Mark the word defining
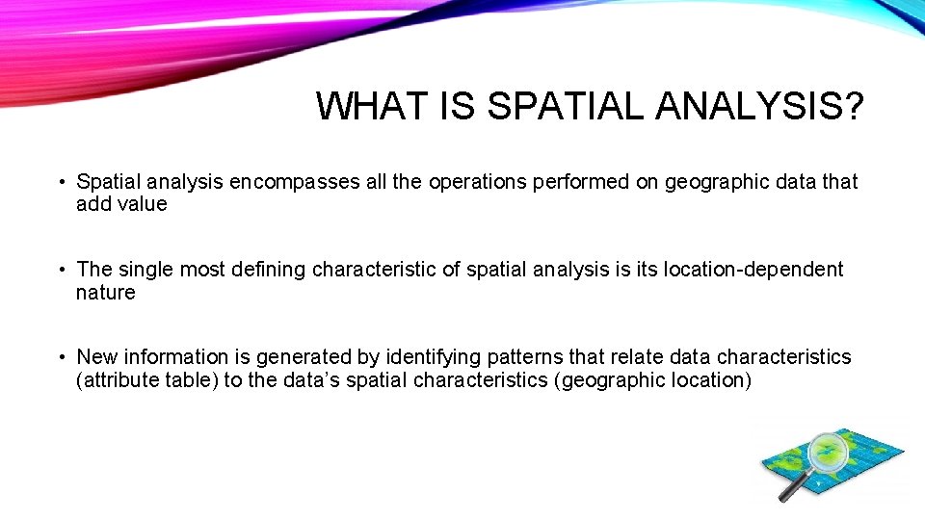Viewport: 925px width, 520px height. (x=269, y=270)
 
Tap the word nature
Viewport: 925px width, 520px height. (x=105, y=293)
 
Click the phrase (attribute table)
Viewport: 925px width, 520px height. (x=146, y=380)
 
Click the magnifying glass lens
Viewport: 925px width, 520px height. (x=827, y=451)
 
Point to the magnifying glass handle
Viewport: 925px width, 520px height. (x=793, y=487)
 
